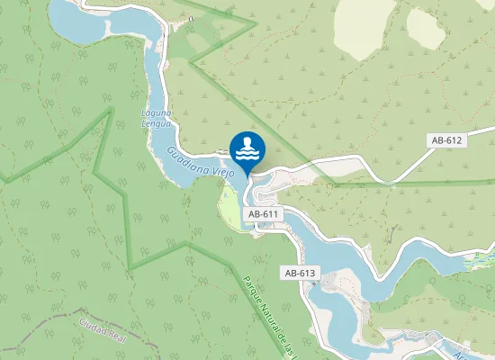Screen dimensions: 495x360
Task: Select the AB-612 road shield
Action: click(x=446, y=140)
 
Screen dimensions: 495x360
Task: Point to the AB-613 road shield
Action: click(x=301, y=273)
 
